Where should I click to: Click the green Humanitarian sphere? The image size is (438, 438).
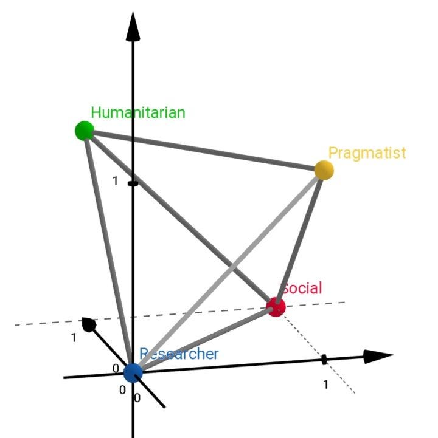point(84,130)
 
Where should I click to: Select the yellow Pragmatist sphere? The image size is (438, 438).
point(324,169)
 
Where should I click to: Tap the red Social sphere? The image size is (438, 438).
point(276,307)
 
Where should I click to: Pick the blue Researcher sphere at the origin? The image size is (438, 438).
point(133,372)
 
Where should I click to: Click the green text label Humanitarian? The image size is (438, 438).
point(138,112)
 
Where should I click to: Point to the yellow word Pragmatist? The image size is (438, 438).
point(367,152)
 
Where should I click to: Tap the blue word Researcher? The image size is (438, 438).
point(180,354)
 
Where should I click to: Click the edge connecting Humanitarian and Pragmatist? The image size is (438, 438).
point(204,150)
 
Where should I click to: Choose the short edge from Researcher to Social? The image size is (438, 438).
point(204,340)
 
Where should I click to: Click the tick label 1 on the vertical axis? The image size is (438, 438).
point(115,182)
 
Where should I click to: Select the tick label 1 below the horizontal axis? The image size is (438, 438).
point(325,384)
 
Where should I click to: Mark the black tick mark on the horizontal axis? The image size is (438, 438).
point(324,360)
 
